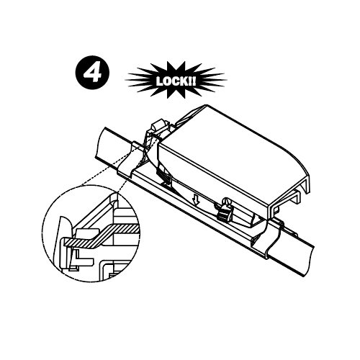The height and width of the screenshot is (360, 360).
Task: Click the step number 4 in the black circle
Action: click(x=93, y=72)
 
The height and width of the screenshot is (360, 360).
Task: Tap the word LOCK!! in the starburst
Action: click(x=176, y=81)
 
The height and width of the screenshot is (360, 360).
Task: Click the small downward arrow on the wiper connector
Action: click(x=197, y=200)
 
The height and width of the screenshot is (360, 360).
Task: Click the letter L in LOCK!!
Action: click(x=159, y=81)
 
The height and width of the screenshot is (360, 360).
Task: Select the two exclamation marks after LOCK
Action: click(x=192, y=81)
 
